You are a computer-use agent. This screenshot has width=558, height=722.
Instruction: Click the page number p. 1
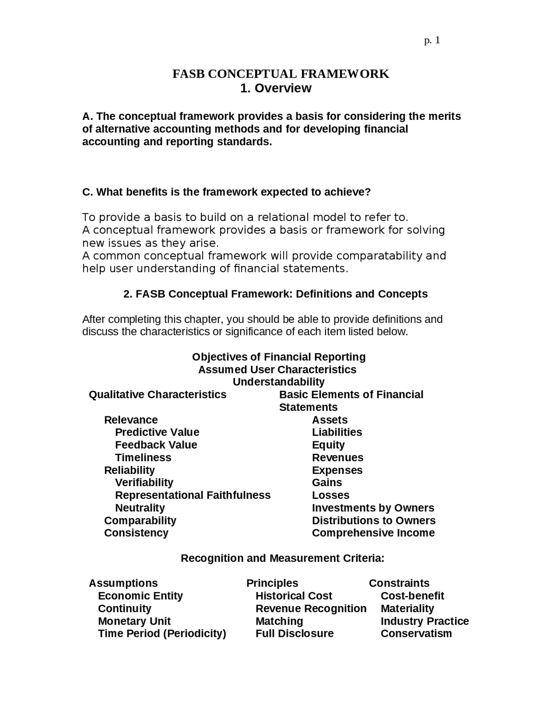click(432, 41)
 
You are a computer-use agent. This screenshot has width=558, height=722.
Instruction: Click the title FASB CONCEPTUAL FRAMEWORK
click(280, 74)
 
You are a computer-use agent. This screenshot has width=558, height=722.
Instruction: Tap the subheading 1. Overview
click(276, 88)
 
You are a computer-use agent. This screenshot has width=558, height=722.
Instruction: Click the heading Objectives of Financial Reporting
click(279, 357)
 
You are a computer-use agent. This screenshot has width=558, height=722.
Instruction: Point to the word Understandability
click(279, 382)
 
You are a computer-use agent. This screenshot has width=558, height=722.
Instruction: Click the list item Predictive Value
click(157, 432)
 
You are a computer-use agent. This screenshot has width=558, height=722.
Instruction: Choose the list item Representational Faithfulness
click(193, 495)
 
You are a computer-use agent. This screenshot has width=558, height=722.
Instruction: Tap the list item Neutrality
click(140, 508)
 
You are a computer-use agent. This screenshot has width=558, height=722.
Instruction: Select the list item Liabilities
click(337, 432)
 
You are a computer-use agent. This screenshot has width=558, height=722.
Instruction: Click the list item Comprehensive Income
click(373, 533)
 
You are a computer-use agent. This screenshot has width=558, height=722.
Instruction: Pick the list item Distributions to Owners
click(374, 521)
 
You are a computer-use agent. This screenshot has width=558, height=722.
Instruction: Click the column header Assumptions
click(123, 583)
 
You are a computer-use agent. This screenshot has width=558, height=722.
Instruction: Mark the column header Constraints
click(399, 583)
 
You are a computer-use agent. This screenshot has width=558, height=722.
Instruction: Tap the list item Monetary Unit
click(134, 621)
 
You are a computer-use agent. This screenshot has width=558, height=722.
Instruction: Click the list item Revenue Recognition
click(311, 609)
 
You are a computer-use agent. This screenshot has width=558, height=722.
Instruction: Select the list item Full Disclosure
click(294, 633)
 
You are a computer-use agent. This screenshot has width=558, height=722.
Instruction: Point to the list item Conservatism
click(416, 633)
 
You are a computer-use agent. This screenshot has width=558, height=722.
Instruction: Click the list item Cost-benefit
click(412, 596)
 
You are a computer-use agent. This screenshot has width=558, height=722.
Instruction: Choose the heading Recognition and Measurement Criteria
click(282, 558)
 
